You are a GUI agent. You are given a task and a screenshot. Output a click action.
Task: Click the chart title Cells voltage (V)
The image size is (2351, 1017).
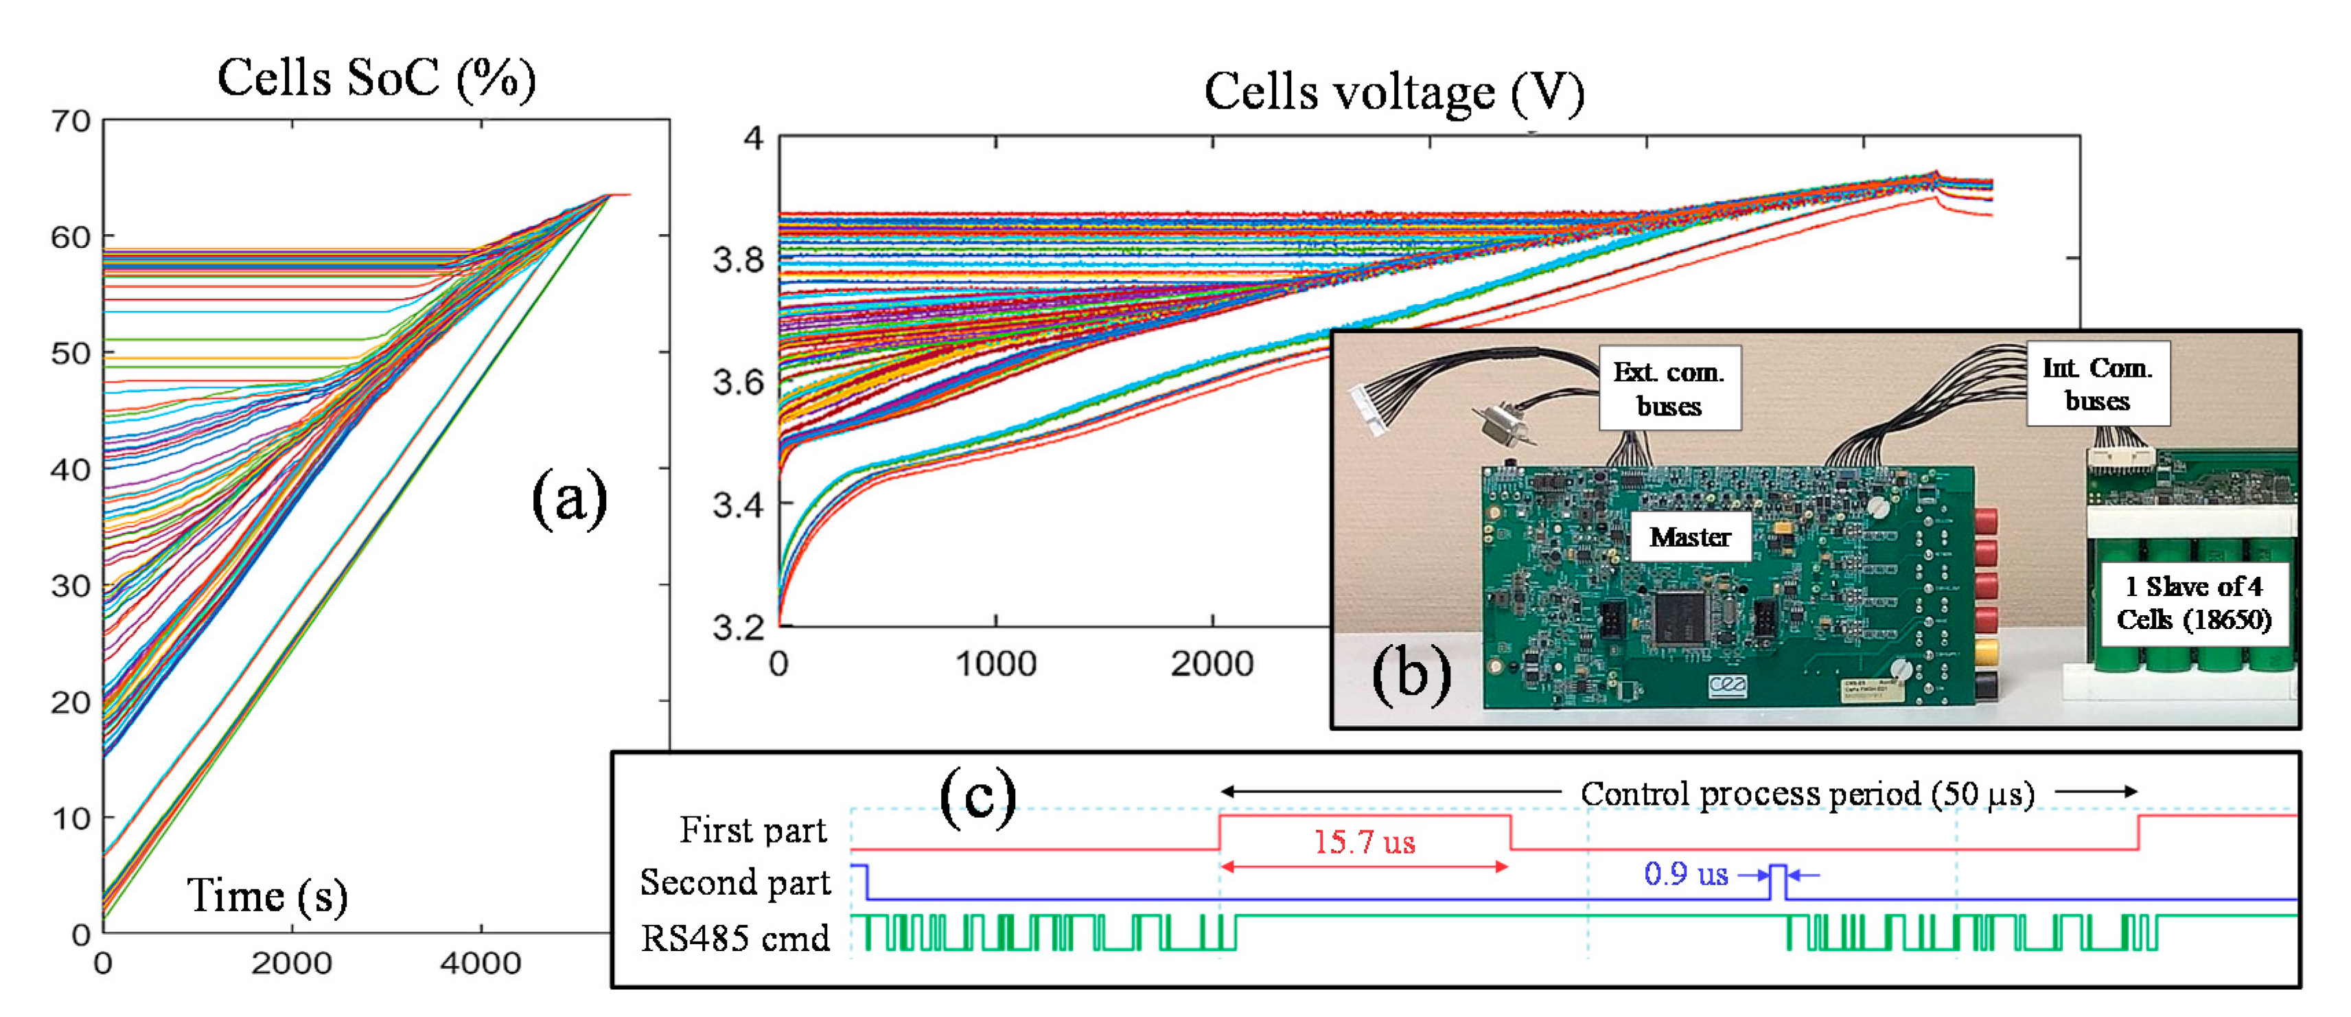[x=1393, y=93]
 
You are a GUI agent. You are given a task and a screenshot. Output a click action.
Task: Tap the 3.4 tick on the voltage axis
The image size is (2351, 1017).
[x=737, y=504]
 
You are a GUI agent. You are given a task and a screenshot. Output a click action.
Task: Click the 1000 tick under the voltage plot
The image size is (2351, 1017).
[x=996, y=664]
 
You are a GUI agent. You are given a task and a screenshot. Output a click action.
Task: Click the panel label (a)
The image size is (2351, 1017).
[x=570, y=499]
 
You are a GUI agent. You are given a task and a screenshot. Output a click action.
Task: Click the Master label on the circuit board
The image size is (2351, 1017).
[x=1690, y=537]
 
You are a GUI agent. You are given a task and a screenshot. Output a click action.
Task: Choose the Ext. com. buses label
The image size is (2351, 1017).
[x=1669, y=388]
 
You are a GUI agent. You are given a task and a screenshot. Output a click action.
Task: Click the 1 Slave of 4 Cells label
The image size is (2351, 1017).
[x=2193, y=602]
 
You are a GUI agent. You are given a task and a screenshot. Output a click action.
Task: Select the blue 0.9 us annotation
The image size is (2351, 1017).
[x=1686, y=875]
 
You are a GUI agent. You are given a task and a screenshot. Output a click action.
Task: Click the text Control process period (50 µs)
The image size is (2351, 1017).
[x=1807, y=793]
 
